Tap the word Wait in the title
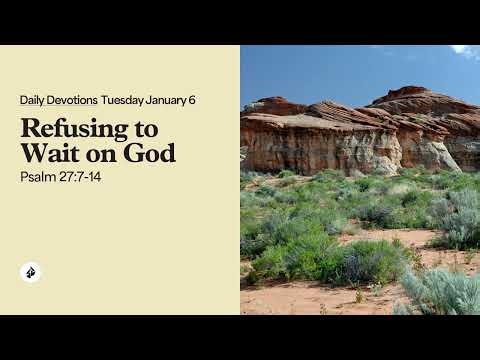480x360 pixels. point(46,155)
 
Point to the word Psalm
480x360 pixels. point(39,176)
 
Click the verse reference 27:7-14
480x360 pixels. point(83,176)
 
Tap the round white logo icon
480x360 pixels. point(30,273)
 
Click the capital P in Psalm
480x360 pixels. point(23,176)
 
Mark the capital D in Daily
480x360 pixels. point(23,100)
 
